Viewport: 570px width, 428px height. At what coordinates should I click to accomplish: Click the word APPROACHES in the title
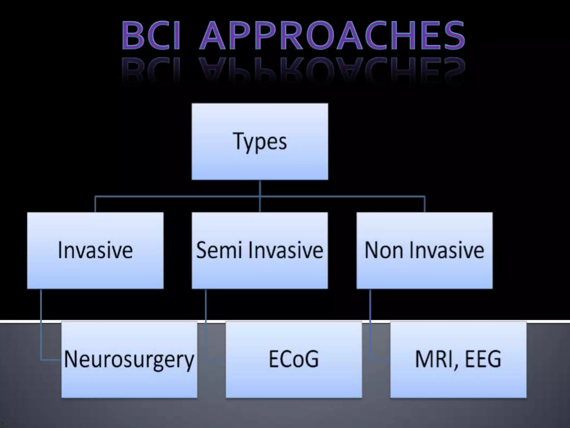click(332, 36)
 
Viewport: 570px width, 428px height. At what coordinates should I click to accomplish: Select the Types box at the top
click(260, 142)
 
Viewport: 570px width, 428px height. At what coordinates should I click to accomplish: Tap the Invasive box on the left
click(95, 250)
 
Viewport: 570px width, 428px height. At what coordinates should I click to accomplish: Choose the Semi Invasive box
click(260, 250)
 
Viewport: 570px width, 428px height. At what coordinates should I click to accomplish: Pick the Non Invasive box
click(424, 250)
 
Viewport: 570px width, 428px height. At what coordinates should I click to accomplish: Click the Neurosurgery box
click(129, 359)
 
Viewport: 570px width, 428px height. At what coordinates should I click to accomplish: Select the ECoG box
click(294, 359)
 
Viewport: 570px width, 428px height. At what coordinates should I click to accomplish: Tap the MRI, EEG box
click(458, 359)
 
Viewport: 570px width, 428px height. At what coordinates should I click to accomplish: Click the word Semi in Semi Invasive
click(219, 250)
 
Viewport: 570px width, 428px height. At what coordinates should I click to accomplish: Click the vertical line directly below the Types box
click(260, 188)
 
